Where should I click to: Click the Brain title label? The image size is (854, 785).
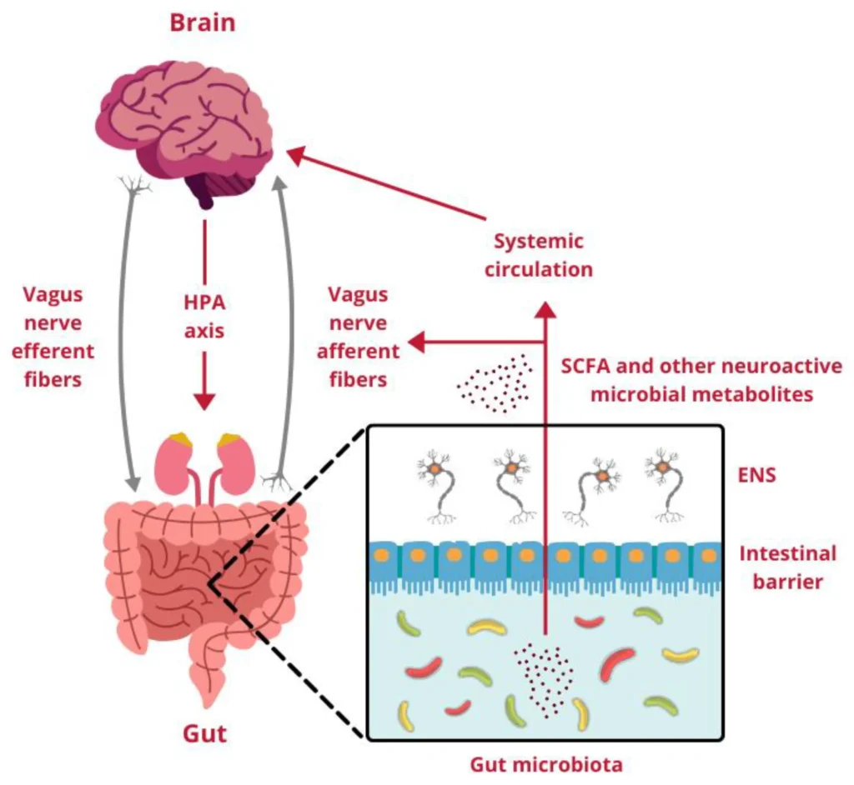(202, 22)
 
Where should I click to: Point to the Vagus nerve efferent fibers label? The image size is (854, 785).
(58, 337)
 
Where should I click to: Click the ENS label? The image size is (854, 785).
(757, 475)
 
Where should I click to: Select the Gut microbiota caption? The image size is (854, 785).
(546, 763)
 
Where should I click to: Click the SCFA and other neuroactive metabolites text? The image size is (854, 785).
(701, 380)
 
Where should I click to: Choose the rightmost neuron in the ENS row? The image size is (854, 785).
(665, 483)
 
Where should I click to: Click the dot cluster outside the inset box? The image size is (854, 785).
(495, 382)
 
